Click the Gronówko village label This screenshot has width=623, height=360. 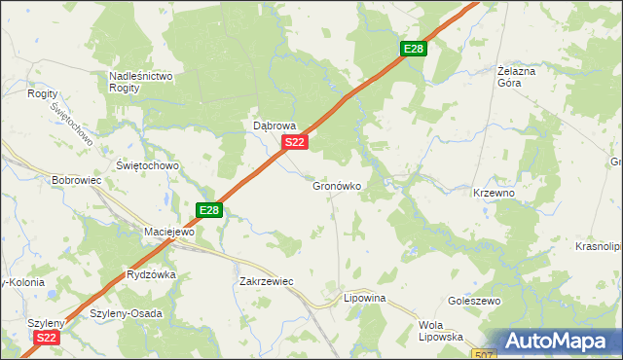(338, 186)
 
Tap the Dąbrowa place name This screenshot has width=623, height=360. (275, 126)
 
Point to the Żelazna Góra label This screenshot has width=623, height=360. (523, 77)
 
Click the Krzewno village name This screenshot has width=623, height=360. (494, 194)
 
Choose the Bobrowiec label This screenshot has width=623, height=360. (77, 181)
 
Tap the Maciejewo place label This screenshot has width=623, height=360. (169, 233)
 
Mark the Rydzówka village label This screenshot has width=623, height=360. (151, 274)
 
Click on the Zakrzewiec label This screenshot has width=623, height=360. (266, 281)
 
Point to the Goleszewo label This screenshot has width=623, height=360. (474, 302)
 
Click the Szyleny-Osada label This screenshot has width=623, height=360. (126, 313)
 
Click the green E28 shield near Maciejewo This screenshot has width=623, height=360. (209, 209)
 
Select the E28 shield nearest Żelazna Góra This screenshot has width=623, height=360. (413, 50)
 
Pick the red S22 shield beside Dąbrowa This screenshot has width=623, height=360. (296, 143)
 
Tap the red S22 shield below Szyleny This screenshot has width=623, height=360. (47, 338)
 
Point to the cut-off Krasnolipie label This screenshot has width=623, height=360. (599, 247)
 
